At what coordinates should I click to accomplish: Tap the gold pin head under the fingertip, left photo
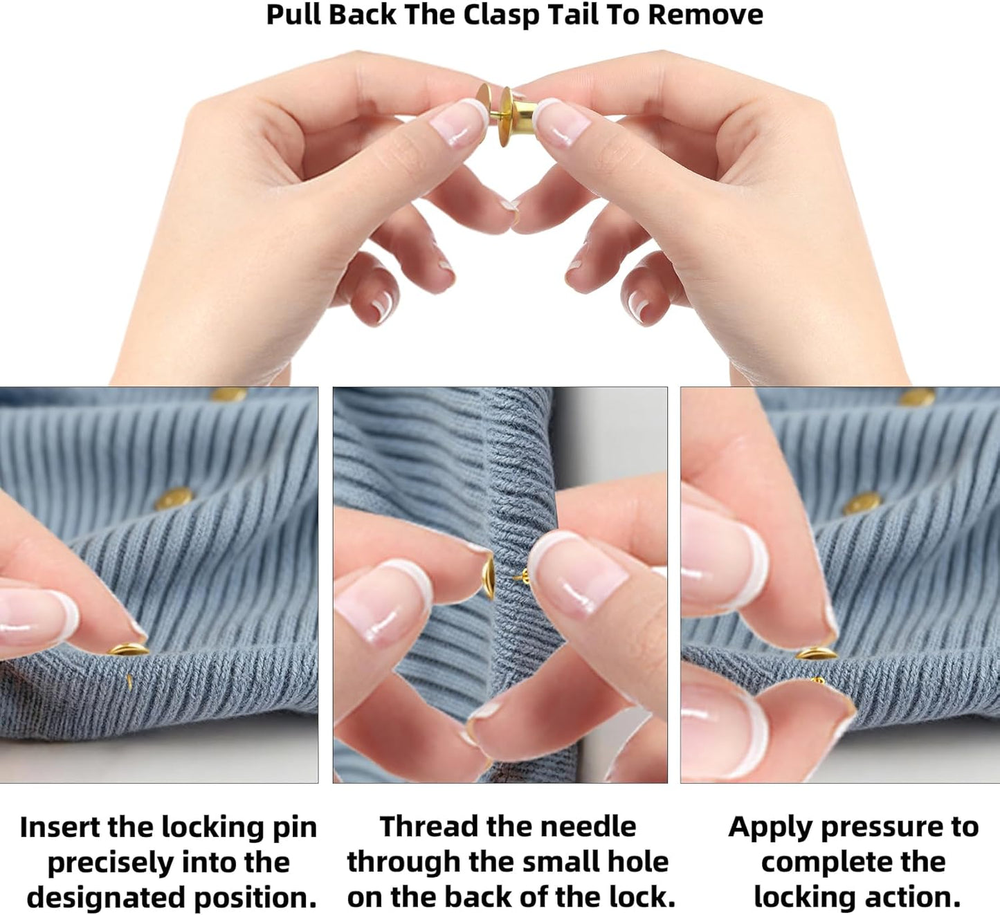(x=128, y=649)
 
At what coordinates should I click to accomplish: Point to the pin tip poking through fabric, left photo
(x=129, y=682)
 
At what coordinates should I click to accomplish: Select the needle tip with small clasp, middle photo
(x=521, y=577)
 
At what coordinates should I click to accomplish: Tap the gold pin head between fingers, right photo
(x=817, y=653)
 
